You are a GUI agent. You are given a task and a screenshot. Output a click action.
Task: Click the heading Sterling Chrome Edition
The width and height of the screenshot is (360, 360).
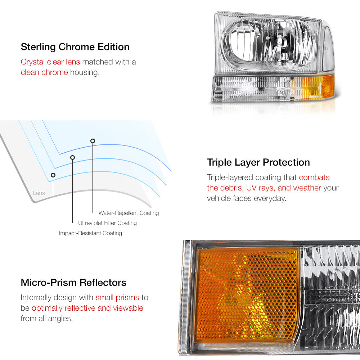75,47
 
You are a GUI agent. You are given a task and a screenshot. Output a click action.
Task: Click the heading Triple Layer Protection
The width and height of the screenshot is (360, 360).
258,162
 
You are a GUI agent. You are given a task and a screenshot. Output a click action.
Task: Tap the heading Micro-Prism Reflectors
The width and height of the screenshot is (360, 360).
73,282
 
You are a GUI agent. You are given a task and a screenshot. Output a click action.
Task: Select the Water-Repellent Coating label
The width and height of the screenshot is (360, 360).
129,213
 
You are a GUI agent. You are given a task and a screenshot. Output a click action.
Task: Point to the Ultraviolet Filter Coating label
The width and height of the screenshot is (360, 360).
107,223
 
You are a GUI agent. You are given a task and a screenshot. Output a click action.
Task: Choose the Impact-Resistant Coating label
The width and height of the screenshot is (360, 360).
90,233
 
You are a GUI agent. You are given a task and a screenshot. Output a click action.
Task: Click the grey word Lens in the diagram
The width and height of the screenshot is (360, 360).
39,193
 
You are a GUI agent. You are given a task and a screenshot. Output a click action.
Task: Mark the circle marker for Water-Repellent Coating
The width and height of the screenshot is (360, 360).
93,141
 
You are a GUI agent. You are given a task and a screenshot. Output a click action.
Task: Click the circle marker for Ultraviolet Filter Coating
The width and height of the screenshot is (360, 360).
73,158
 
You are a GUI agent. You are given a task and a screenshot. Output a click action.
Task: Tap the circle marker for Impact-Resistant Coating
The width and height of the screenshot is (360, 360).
53,175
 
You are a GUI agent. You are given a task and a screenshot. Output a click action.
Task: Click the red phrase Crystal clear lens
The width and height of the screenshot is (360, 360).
50,62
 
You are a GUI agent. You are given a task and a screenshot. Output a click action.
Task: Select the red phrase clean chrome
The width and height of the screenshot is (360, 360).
44,72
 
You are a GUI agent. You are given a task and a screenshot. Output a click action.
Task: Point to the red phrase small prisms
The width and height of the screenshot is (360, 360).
117,298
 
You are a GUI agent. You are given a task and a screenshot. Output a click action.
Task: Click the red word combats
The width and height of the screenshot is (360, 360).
314,177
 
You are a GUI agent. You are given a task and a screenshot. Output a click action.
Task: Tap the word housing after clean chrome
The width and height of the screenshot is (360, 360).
85,73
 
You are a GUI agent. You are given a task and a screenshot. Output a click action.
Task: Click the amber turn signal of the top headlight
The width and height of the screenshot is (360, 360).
314,87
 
